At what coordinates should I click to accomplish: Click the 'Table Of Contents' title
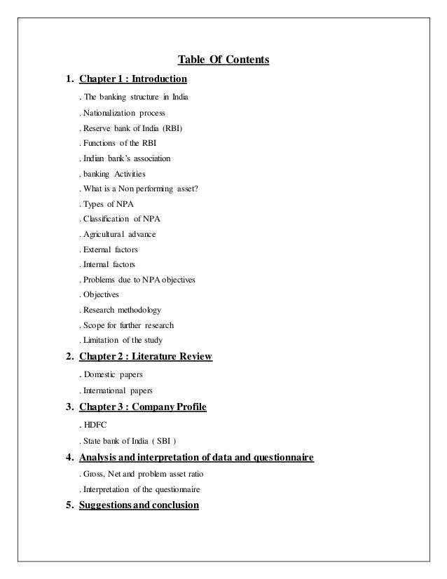point(224,60)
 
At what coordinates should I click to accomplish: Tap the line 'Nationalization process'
point(124,112)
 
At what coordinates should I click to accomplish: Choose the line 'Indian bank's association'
point(126,158)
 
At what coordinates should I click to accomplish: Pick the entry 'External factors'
point(111,250)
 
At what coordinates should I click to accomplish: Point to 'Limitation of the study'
point(123,341)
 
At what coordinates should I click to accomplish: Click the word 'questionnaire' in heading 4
point(277,458)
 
